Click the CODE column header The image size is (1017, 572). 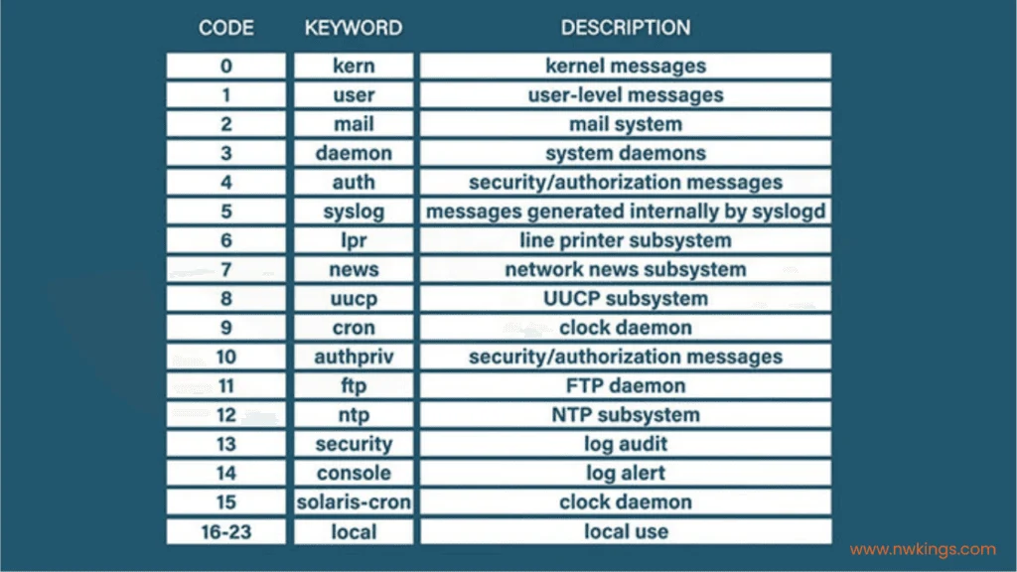(x=225, y=28)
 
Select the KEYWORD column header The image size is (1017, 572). (x=354, y=28)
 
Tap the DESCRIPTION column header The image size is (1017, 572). (x=626, y=28)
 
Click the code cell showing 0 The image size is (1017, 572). (x=225, y=67)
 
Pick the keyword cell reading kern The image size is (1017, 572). (x=354, y=67)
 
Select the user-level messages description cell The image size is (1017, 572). (x=626, y=95)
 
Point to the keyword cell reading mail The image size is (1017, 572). (x=354, y=124)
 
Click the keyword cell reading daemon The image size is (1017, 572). (x=354, y=154)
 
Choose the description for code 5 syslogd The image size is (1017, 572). (x=626, y=212)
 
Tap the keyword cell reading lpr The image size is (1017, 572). (x=354, y=240)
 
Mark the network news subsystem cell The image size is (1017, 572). (x=626, y=270)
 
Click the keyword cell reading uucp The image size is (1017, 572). (x=354, y=299)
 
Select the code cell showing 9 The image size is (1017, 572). (x=225, y=328)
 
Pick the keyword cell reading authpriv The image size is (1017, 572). (x=354, y=357)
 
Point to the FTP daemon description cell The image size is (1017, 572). (x=626, y=386)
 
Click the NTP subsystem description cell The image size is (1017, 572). (x=626, y=415)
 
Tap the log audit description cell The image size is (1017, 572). (x=626, y=444)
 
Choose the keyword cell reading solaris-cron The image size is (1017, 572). (x=354, y=502)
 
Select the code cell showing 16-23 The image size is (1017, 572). (x=225, y=532)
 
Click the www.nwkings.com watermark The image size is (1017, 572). (x=923, y=549)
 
